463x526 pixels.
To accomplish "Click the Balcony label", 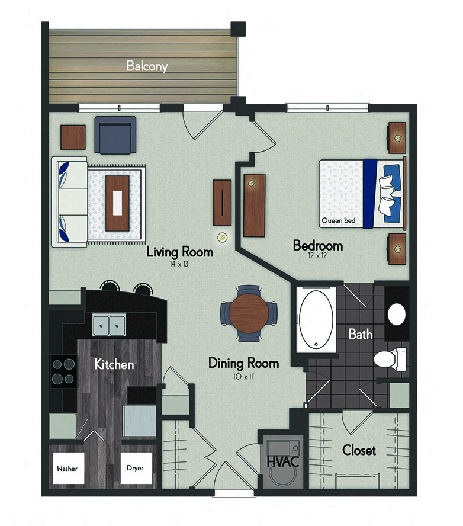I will tap(147, 66).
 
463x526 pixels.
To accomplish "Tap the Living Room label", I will tap(179, 252).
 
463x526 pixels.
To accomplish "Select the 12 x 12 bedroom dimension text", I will tap(318, 256).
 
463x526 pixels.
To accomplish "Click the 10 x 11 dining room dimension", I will tap(243, 375).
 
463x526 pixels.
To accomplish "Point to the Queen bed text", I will tap(338, 221).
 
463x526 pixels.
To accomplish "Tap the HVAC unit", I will tap(280, 458).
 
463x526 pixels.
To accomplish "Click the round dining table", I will tap(249, 313).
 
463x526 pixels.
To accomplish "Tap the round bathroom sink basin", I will tap(397, 314).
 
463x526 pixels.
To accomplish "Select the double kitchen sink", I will tap(109, 324).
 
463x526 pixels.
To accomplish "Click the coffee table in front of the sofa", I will tap(117, 203).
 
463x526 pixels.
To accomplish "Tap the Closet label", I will tap(359, 450).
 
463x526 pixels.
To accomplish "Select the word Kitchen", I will tap(114, 364).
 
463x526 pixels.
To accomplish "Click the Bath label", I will tap(360, 334).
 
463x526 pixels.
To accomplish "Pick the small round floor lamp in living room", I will tap(223, 237).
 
